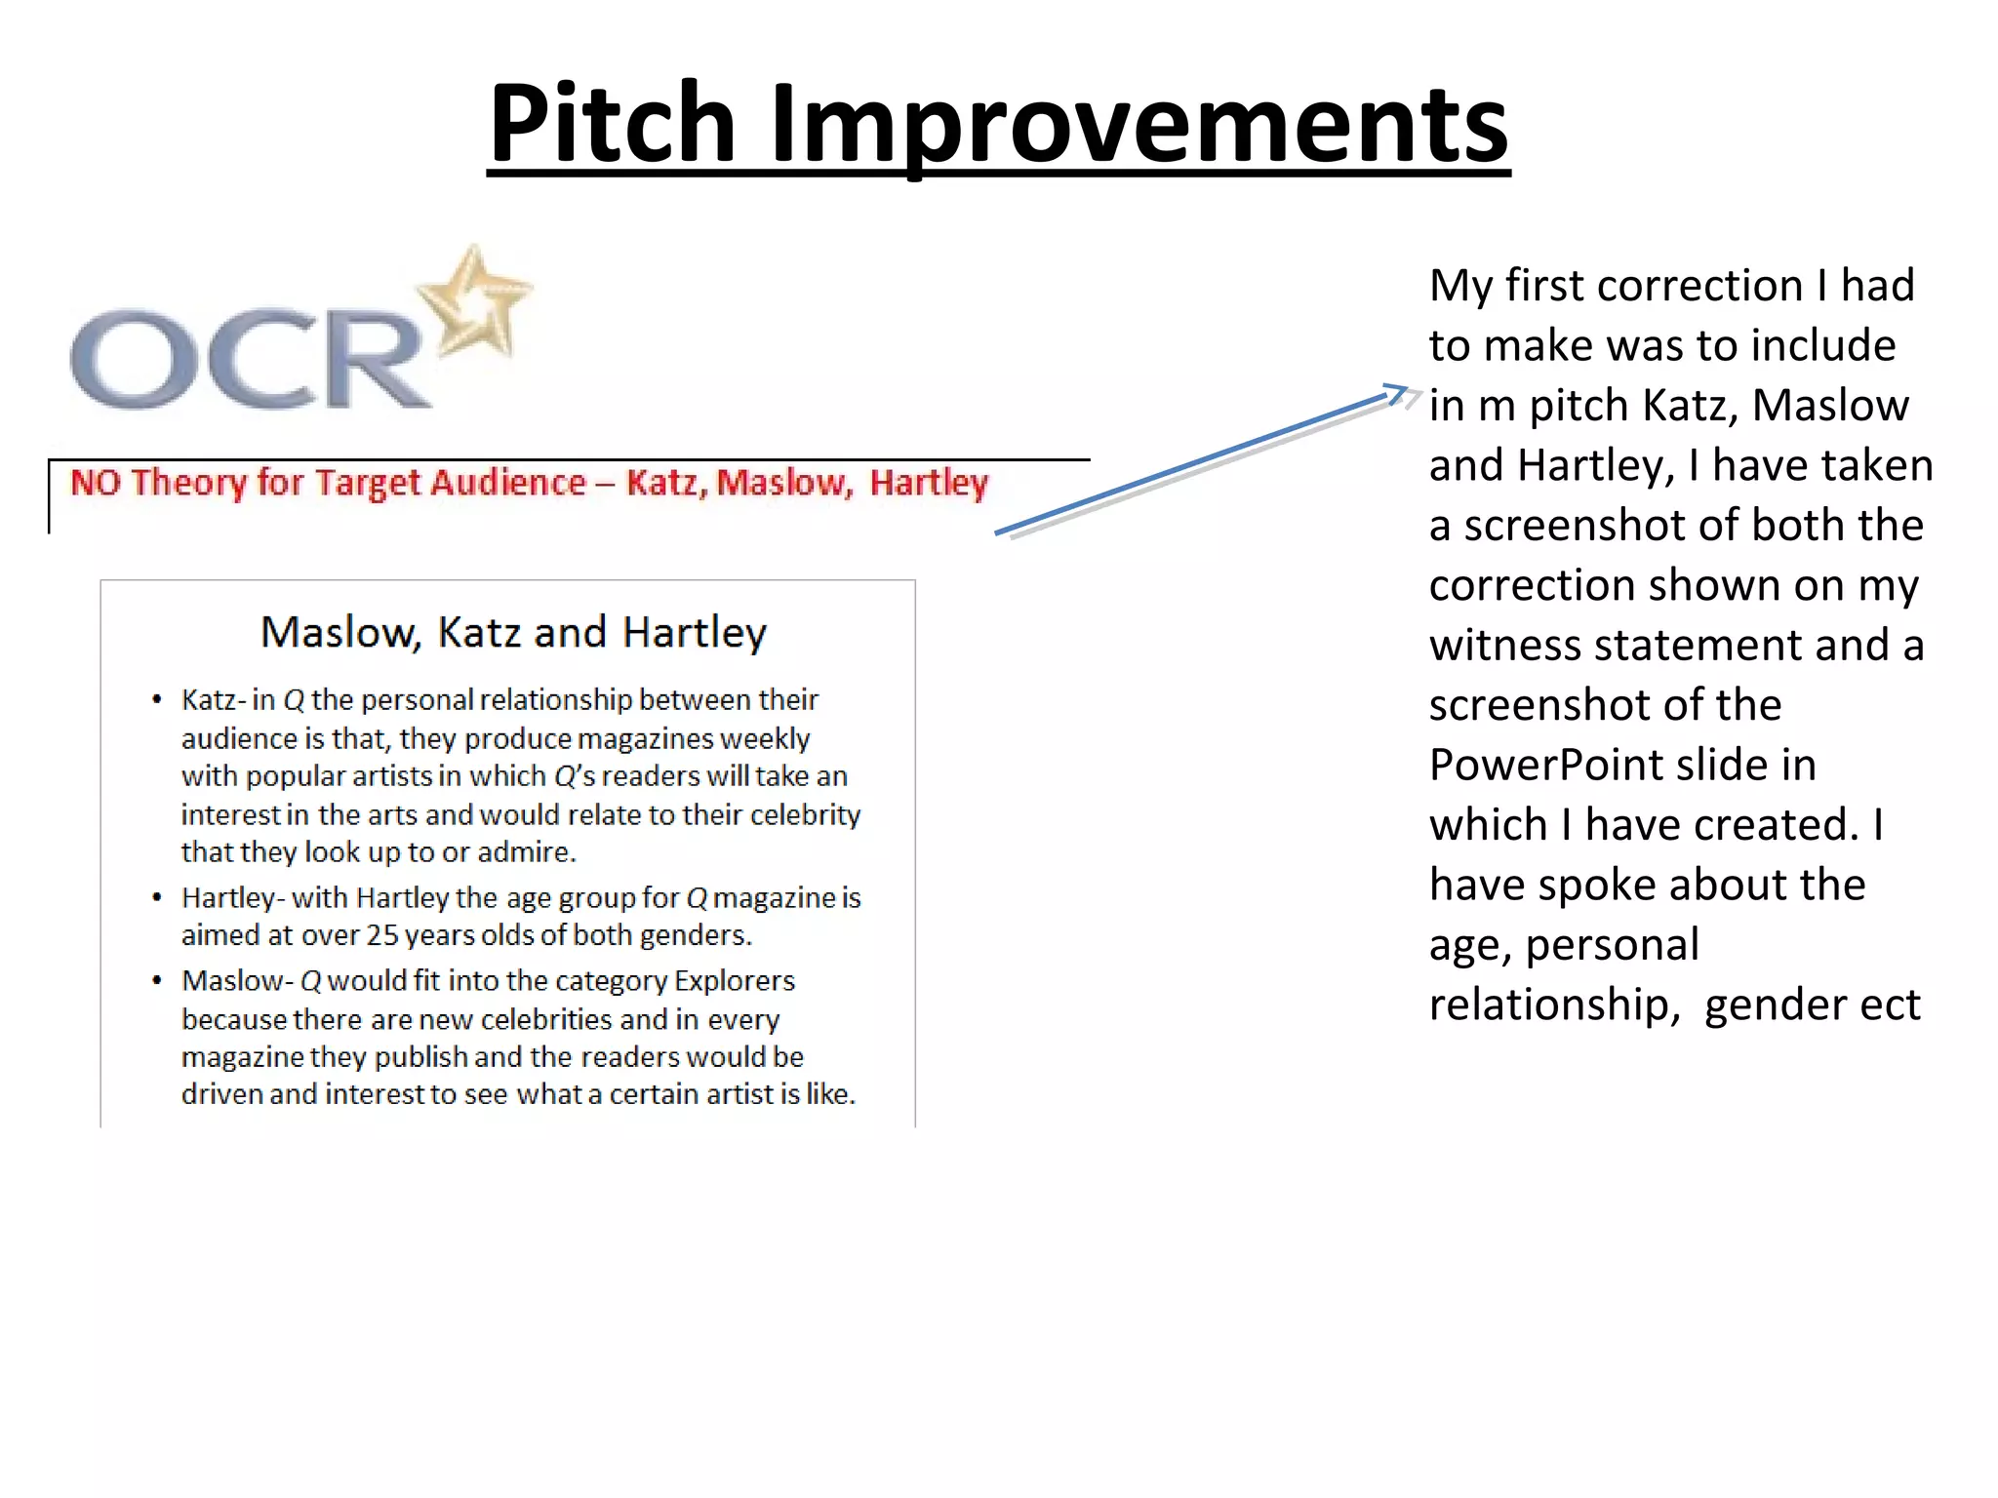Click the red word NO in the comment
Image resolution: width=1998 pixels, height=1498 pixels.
pos(95,483)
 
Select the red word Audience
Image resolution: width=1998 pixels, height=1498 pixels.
pos(507,483)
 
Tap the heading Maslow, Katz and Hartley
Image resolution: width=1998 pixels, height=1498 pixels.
pos(513,632)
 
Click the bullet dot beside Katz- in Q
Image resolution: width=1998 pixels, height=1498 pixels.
pos(156,700)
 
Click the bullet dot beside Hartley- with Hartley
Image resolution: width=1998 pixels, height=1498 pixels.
pos(156,897)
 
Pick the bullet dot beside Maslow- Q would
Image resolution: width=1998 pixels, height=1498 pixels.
pos(156,981)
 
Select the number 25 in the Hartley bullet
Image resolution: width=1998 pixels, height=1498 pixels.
pos(382,935)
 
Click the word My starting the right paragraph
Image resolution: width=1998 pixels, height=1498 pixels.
pos(1460,286)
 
